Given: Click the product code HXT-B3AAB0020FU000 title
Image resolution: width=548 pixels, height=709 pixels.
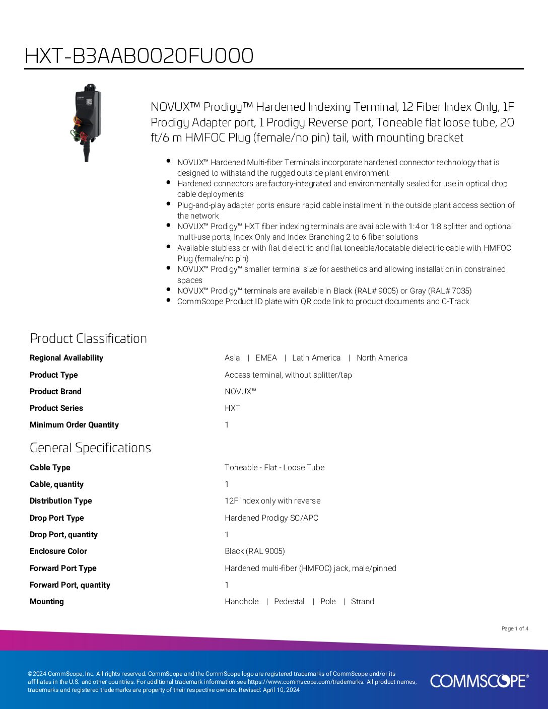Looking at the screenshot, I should [139, 56].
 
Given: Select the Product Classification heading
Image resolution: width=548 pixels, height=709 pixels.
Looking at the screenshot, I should [88, 338].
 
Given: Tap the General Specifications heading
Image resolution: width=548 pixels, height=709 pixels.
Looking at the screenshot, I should [90, 448].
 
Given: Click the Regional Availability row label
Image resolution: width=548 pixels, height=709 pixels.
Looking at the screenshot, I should [66, 358].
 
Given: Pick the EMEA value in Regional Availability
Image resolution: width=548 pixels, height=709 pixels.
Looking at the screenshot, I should [266, 358].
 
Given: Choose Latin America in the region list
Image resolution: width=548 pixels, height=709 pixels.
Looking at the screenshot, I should [316, 358].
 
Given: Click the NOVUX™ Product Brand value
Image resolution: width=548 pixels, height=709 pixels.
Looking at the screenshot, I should [240, 392].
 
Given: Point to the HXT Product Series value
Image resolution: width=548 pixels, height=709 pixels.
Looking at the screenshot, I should [232, 408].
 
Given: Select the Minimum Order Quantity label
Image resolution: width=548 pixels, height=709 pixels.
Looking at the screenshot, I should [74, 425].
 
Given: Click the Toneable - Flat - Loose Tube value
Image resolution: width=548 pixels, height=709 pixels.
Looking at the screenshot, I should [275, 468].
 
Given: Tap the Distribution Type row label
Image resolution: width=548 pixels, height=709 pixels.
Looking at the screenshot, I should [61, 501].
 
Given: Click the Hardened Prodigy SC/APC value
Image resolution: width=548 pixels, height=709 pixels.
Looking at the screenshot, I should [271, 518].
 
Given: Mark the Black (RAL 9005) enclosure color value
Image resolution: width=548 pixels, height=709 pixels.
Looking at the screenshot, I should [255, 551].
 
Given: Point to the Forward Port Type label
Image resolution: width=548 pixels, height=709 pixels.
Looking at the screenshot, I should [63, 569].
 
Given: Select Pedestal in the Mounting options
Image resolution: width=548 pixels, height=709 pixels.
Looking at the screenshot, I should [289, 602].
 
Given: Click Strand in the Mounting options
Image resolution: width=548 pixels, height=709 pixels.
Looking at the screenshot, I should [363, 602].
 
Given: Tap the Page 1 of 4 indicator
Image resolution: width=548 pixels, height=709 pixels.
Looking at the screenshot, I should [515, 628].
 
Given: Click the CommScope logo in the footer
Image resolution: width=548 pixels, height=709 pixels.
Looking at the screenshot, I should [479, 681].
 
